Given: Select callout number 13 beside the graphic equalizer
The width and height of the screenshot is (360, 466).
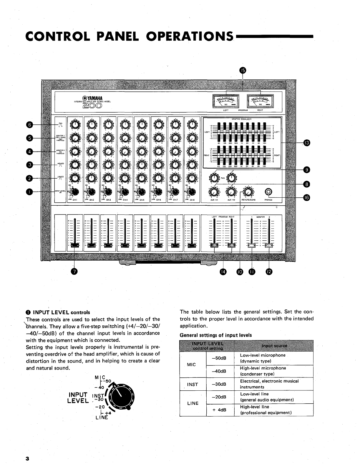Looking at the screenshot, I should [x=306, y=143].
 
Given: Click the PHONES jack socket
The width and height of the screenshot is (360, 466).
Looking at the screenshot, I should [x=268, y=192].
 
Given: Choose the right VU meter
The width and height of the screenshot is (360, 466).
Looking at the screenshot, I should [x=260, y=102].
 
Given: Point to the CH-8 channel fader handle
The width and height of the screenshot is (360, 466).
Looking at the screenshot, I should [x=192, y=245].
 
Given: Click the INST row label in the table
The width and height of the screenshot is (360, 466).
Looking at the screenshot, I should [x=193, y=384].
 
